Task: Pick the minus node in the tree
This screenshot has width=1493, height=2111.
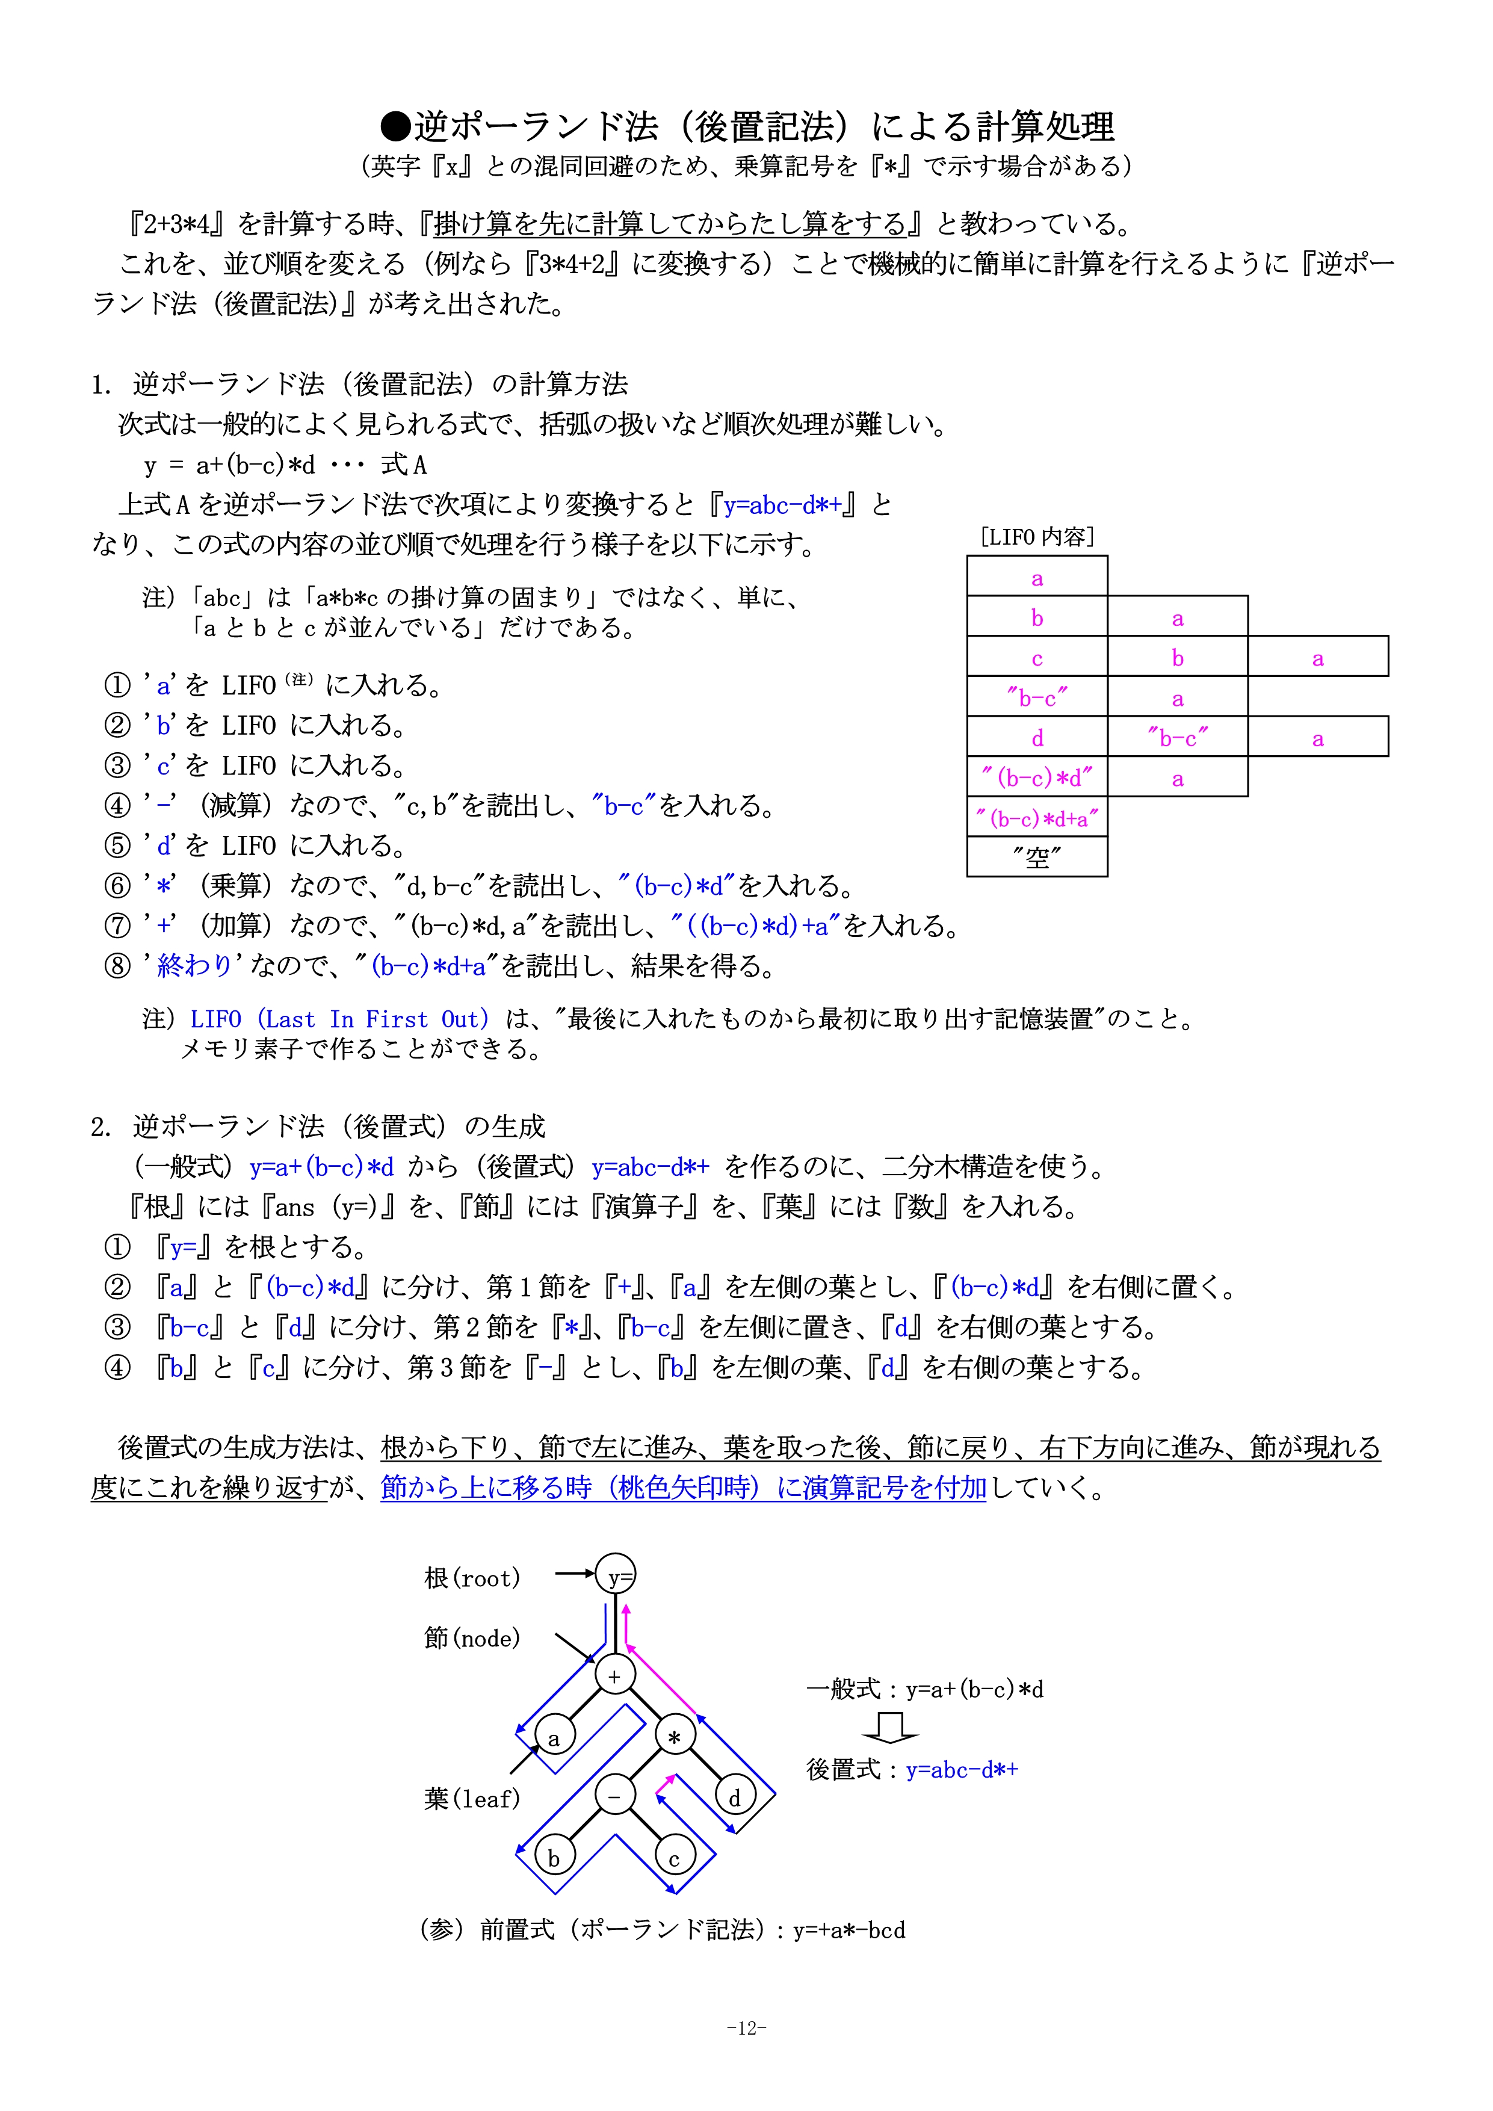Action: coord(614,1796)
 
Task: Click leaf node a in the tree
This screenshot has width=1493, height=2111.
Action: coord(554,1737)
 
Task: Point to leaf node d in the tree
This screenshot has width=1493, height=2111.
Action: coord(735,1797)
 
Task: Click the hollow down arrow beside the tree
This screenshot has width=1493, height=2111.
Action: coord(889,1728)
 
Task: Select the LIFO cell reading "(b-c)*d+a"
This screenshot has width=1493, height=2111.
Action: coord(1037,817)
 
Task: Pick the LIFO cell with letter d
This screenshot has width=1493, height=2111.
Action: coord(1037,737)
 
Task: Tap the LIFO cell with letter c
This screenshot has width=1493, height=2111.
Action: coord(1037,657)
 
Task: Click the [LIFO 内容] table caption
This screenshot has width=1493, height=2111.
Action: coord(1037,536)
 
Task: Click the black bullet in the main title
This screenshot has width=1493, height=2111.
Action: coord(395,126)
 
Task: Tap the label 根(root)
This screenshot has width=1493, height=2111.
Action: coord(472,1578)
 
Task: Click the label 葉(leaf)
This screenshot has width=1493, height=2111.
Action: coord(472,1799)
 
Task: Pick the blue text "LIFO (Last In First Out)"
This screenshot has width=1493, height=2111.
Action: coord(339,1019)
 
